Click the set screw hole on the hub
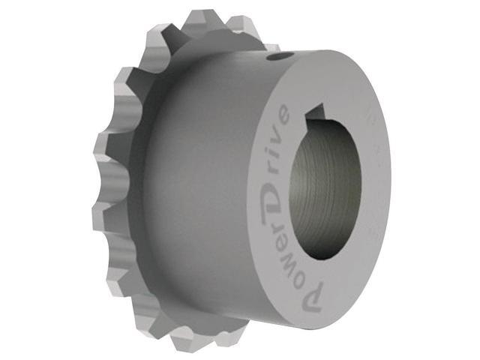[278, 55]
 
